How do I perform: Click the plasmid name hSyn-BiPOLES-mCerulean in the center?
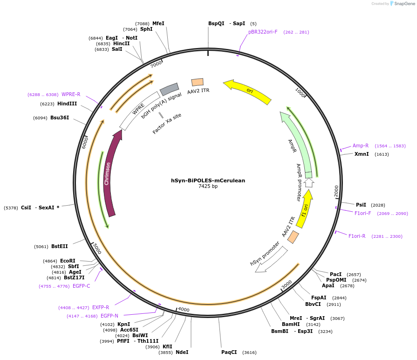click(x=208, y=180)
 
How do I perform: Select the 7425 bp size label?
click(x=208, y=187)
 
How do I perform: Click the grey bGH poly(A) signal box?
click(x=169, y=89)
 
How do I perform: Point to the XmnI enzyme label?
click(x=362, y=154)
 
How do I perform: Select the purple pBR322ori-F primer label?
click(x=263, y=32)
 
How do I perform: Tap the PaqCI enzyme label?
click(x=229, y=352)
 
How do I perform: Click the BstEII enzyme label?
click(x=60, y=247)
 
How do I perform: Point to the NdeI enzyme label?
click(x=182, y=352)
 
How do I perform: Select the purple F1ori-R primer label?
click(x=357, y=236)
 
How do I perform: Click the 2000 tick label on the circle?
click(x=336, y=191)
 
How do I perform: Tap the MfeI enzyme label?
click(x=158, y=23)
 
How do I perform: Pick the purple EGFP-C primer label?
click(x=82, y=286)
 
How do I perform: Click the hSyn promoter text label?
click(x=265, y=254)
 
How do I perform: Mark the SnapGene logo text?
click(x=401, y=4)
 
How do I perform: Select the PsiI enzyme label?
click(x=361, y=205)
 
